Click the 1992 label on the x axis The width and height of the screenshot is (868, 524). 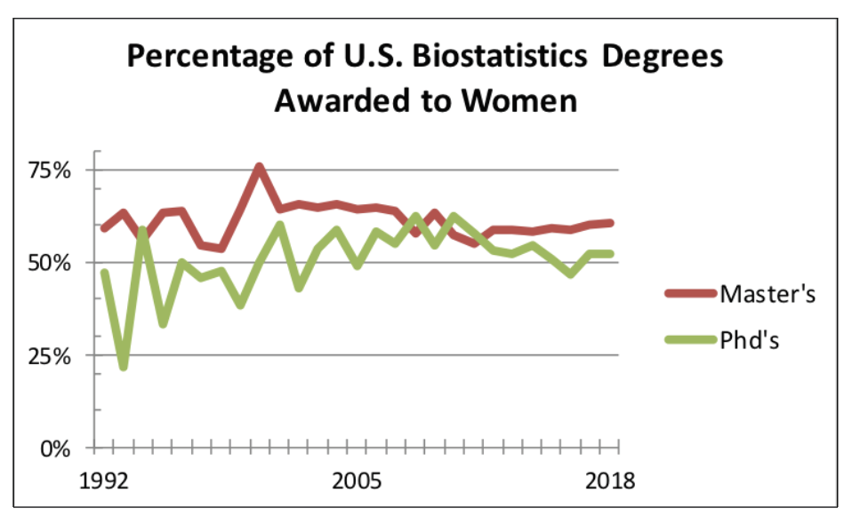coord(104,481)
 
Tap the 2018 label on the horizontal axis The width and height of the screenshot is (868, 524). coord(610,481)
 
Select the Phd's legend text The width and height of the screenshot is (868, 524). coord(751,339)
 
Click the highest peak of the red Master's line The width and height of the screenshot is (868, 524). coord(259,167)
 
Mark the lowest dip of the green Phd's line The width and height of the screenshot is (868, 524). coord(124,366)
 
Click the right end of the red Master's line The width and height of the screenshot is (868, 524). coord(611,223)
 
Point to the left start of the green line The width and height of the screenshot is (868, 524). coord(104,273)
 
